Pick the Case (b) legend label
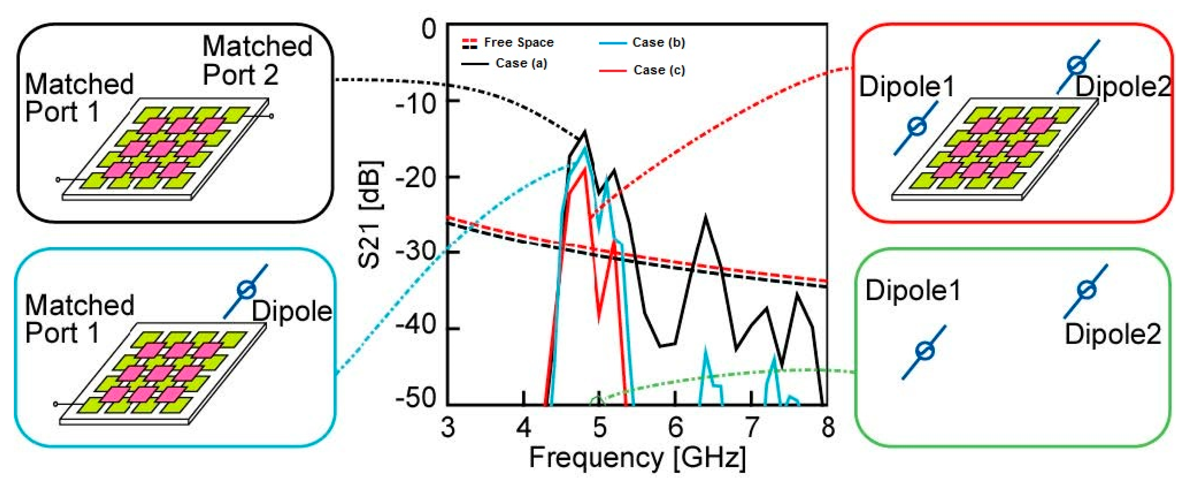point(658,42)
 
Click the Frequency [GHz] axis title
point(637,458)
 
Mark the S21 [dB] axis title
point(370,214)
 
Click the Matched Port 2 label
point(257,60)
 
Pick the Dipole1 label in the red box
point(906,86)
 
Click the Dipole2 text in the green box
point(1112,334)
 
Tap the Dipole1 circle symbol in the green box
point(924,351)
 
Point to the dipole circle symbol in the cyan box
point(246,290)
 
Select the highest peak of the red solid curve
point(585,169)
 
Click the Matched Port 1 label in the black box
point(79,98)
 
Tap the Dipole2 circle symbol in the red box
point(1076,65)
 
